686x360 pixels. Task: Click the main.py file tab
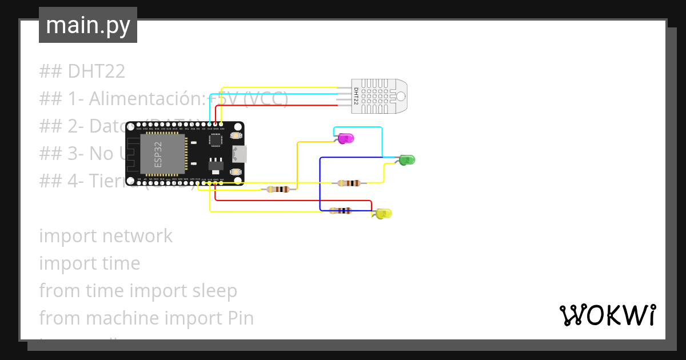click(88, 25)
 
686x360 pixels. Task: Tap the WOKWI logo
click(607, 315)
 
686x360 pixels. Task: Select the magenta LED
click(345, 138)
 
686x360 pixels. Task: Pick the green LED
click(406, 160)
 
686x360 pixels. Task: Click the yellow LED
click(384, 214)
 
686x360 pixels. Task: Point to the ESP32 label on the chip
click(158, 155)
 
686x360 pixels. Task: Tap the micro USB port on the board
click(239, 154)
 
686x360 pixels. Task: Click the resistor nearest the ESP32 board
click(278, 189)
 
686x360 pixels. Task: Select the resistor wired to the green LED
click(349, 183)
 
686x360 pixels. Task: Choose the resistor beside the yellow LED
click(341, 211)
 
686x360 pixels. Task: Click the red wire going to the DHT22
click(274, 106)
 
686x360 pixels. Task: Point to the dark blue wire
click(320, 183)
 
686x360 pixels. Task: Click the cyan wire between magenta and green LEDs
click(382, 140)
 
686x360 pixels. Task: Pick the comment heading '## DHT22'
click(82, 71)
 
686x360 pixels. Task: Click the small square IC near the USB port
click(216, 139)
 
